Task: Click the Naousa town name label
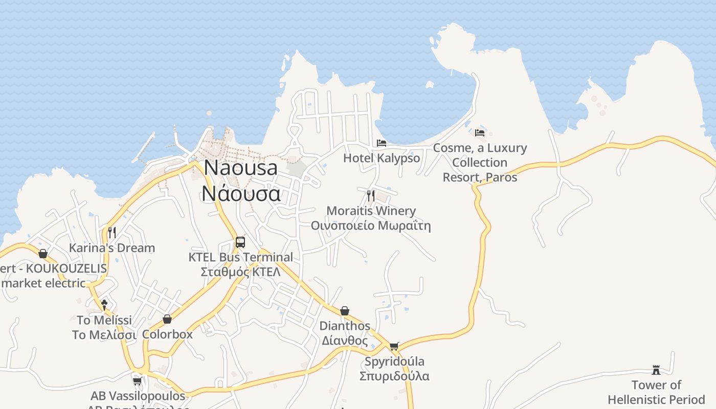coord(240,168)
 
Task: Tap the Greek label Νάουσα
coord(240,193)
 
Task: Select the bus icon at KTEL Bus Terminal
coord(240,242)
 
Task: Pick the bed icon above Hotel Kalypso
coord(382,143)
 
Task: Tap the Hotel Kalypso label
coord(382,158)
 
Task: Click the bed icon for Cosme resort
coord(480,132)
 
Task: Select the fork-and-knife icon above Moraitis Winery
coord(371,195)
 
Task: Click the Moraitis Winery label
coord(371,211)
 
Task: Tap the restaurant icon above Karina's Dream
coord(112,233)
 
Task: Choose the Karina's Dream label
coord(112,248)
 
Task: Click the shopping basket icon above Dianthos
coord(345,311)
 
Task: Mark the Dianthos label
coord(345,326)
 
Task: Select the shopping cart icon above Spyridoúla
coord(394,347)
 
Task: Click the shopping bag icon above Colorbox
coord(167,319)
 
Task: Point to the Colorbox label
coord(167,334)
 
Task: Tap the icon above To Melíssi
coord(104,305)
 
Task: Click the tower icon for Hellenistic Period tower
coord(656,370)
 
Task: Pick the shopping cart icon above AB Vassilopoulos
coord(137,381)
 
